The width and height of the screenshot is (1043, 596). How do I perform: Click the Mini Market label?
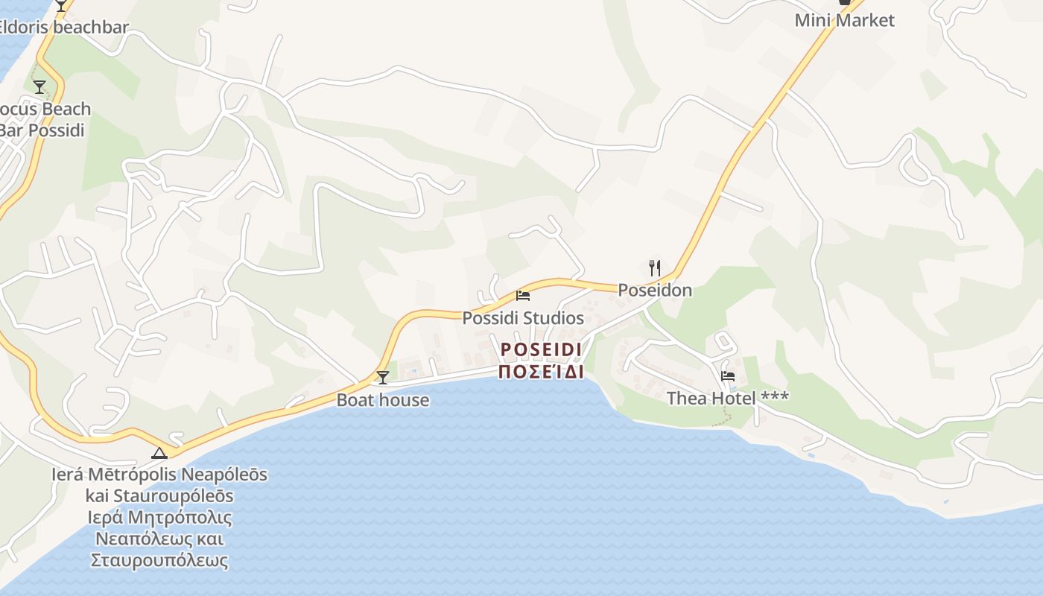pos(844,20)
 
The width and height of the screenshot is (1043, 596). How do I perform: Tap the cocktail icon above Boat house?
pos(382,378)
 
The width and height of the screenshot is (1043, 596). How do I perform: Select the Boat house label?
pos(383,400)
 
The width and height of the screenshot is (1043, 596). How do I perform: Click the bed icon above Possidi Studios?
pos(523,296)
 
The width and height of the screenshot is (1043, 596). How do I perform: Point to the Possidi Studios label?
pos(523,318)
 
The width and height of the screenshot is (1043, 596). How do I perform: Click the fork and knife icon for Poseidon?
pos(655,268)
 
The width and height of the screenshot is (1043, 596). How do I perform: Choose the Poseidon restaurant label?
pos(655,291)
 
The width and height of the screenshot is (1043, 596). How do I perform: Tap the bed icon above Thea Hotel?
pos(728,376)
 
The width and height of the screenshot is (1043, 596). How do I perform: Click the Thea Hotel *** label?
pos(728,399)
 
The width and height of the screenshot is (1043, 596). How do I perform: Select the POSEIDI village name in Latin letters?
pos(541,349)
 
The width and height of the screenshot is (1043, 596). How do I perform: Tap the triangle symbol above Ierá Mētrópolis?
pos(159,452)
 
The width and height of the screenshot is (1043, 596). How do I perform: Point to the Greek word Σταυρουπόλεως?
pos(159,560)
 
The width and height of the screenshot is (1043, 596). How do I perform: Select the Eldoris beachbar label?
pos(63,28)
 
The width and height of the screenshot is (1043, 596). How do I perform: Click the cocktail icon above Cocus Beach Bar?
pos(39,87)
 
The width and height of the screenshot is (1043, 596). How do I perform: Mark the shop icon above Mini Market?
pos(844,2)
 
